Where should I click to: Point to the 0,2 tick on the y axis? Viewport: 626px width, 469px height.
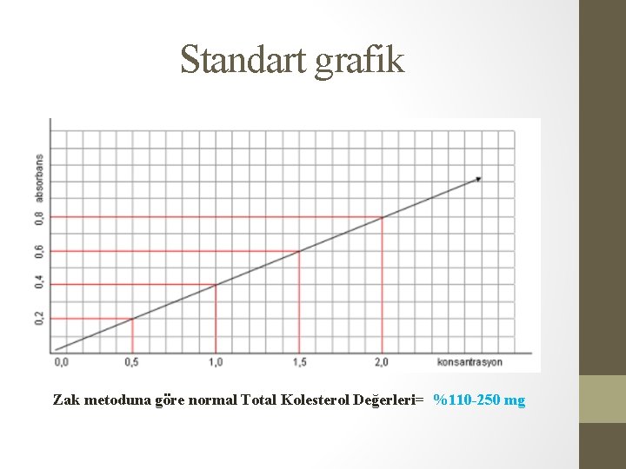pyautogui.click(x=39, y=318)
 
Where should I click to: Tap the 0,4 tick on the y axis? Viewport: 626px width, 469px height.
pyautogui.click(x=39, y=283)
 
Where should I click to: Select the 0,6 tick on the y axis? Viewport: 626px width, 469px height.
pyautogui.click(x=39, y=251)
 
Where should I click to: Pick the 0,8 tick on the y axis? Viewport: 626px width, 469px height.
pyautogui.click(x=39, y=217)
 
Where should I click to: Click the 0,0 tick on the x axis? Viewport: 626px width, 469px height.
pyautogui.click(x=62, y=361)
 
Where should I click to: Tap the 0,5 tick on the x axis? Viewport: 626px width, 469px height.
pyautogui.click(x=132, y=361)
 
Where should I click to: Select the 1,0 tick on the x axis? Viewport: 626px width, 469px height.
pyautogui.click(x=216, y=361)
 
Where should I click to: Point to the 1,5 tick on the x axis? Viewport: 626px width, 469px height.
pyautogui.click(x=298, y=361)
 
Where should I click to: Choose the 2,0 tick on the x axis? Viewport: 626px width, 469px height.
pyautogui.click(x=382, y=361)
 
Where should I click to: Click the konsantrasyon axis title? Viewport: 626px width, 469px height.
pyautogui.click(x=469, y=361)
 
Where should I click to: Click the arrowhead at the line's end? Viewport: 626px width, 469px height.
pyautogui.click(x=477, y=180)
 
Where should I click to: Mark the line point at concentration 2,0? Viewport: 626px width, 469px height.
pyautogui.click(x=382, y=217)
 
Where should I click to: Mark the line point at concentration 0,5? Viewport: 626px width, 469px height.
pyautogui.click(x=132, y=319)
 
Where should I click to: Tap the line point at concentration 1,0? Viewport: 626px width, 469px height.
pyautogui.click(x=216, y=284)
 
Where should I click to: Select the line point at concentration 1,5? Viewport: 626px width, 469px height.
pyautogui.click(x=298, y=252)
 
